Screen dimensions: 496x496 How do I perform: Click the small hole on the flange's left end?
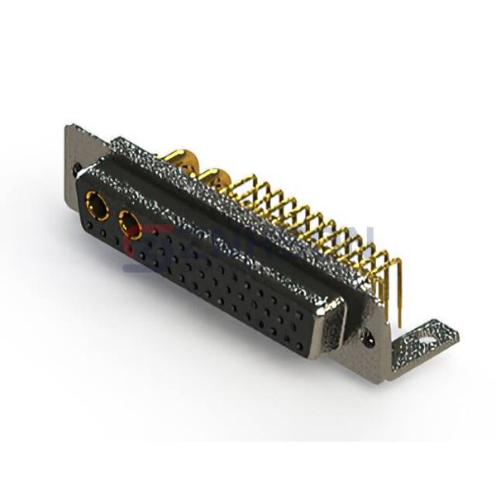pyautogui.click(x=77, y=167)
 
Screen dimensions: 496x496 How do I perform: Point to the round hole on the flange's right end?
pyautogui.click(x=368, y=337)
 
